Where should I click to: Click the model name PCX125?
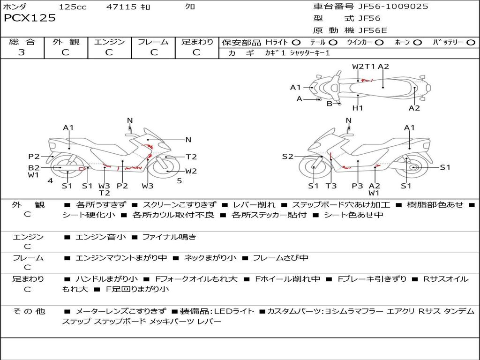coord(30,18)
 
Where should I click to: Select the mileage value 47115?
coord(121,7)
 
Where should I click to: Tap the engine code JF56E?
coord(373,30)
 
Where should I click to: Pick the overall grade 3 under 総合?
coord(22,52)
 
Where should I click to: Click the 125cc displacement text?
coord(73,7)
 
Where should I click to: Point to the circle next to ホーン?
coord(417,43)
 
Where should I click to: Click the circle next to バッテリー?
coord(471,43)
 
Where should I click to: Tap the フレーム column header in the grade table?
coord(153,42)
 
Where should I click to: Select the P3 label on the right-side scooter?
coord(357,186)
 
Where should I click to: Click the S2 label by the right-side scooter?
coord(287,157)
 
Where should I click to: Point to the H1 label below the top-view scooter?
coord(357,108)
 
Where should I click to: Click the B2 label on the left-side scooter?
coord(34,168)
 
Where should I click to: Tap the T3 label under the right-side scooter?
coord(331,186)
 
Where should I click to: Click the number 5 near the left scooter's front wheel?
coord(180,181)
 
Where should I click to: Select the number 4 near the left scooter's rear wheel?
coord(50,181)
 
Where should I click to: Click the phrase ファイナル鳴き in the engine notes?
coord(169,237)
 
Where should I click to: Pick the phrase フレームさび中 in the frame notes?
coord(280,258)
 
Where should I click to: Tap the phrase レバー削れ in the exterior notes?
coord(254,205)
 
